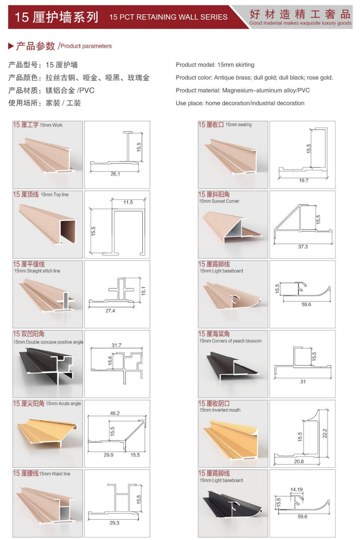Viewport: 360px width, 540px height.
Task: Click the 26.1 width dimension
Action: click(x=115, y=174)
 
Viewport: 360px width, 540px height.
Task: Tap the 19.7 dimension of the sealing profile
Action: click(x=303, y=180)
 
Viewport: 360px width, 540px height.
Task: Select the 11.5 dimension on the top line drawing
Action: click(x=128, y=202)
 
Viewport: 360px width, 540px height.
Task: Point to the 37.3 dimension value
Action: click(x=303, y=247)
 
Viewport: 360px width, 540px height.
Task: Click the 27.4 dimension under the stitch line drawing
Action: click(x=110, y=311)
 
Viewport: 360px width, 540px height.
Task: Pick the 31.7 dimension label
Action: click(x=117, y=345)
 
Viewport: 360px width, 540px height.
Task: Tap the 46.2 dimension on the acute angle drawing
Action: click(x=115, y=413)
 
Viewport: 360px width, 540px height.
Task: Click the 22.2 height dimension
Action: click(x=325, y=433)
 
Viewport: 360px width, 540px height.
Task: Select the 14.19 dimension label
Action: click(x=296, y=489)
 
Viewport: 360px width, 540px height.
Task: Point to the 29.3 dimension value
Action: click(x=114, y=523)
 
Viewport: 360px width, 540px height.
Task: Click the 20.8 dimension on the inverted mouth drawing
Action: click(x=299, y=461)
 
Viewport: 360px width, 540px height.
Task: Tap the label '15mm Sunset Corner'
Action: click(x=219, y=201)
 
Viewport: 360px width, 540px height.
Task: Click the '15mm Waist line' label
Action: click(x=55, y=474)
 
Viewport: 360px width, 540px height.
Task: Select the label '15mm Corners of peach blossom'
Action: click(x=230, y=341)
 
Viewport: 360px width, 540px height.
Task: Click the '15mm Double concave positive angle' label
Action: click(x=48, y=342)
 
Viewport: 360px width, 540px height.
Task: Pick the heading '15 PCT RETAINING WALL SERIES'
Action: click(x=168, y=17)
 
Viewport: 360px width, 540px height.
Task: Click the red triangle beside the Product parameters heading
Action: click(x=11, y=46)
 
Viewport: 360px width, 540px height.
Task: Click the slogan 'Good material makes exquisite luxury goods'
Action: click(x=301, y=23)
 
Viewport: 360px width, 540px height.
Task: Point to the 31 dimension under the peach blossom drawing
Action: click(x=303, y=382)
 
